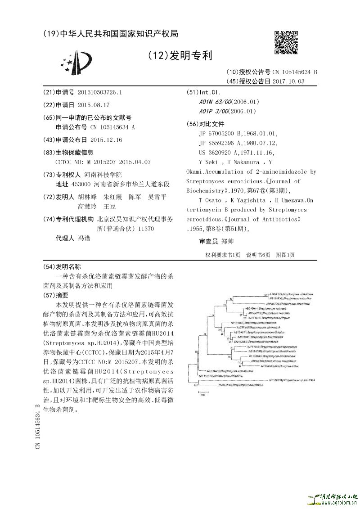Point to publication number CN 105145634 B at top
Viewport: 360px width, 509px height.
(294, 72)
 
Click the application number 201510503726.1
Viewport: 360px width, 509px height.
(100, 92)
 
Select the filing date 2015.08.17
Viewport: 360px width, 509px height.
(94, 104)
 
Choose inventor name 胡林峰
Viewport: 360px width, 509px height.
(87, 197)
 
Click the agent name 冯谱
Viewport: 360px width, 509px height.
(84, 238)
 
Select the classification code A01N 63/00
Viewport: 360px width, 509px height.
(214, 102)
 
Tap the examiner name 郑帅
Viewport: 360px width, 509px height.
(234, 242)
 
